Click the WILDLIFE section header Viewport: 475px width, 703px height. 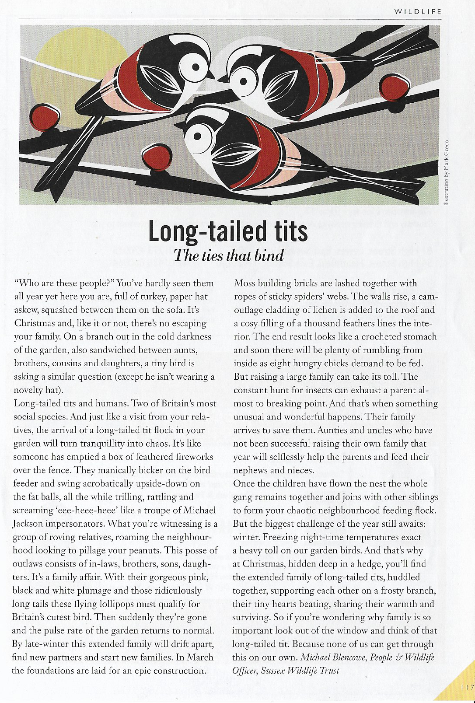point(418,12)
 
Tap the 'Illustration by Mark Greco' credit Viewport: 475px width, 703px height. point(446,172)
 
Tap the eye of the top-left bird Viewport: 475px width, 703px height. point(196,67)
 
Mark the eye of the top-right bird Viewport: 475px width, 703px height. point(244,81)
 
